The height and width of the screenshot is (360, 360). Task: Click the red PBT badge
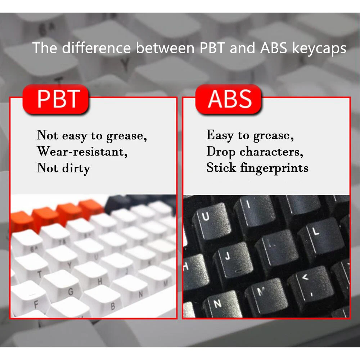click(56, 99)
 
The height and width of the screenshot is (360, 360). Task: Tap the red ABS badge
click(229, 99)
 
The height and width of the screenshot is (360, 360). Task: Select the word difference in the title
click(96, 48)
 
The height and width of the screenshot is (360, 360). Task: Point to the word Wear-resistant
click(82, 152)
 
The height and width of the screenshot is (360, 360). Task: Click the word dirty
click(76, 168)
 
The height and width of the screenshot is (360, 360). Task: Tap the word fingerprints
click(274, 168)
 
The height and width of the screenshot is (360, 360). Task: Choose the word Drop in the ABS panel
click(221, 152)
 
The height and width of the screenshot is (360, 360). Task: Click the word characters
click(271, 152)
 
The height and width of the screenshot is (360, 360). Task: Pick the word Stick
click(221, 167)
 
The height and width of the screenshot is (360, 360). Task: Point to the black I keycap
click(255, 211)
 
